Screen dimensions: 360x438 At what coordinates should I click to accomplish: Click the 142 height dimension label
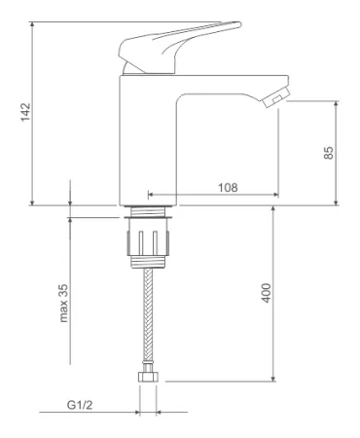(x=25, y=112)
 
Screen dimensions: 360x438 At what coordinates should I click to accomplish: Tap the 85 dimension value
(x=328, y=153)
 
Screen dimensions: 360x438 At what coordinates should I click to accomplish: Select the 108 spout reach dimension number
(x=228, y=187)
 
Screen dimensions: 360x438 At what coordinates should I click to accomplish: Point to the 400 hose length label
(x=266, y=293)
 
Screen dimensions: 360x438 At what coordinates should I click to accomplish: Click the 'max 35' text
(x=63, y=303)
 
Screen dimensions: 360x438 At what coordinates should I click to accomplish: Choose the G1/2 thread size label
(x=80, y=405)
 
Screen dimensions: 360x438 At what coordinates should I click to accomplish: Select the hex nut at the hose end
(x=149, y=377)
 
